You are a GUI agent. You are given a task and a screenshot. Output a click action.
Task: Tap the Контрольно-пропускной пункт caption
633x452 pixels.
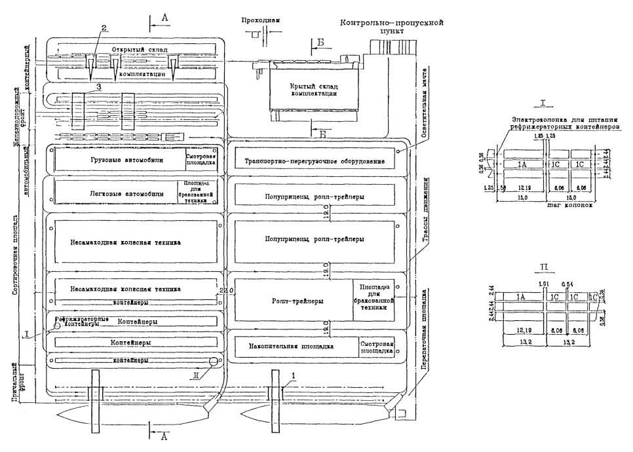click(x=392, y=26)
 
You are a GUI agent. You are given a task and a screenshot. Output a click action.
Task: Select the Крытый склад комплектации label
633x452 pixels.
click(x=313, y=90)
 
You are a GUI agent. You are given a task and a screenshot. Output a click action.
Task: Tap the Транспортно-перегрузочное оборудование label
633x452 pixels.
click(x=314, y=161)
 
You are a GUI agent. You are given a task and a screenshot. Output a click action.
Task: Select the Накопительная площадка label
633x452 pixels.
click(x=292, y=347)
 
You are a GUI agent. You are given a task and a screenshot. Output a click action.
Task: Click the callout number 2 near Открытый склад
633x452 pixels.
click(x=104, y=28)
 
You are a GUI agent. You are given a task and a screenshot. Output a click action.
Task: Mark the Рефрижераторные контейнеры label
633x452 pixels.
click(x=81, y=322)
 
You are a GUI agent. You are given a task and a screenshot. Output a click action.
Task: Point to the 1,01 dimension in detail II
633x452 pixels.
click(x=541, y=284)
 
